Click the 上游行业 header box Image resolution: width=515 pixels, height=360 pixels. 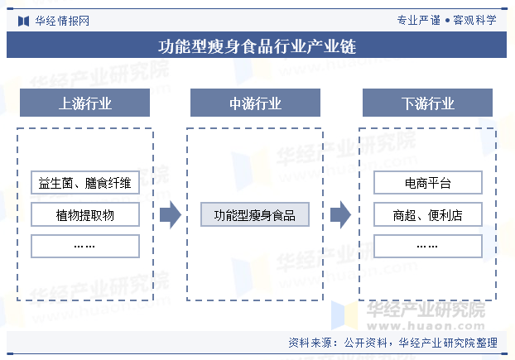coord(84,103)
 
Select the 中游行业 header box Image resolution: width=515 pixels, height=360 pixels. coord(255,103)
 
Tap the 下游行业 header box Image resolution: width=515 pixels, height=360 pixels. coord(427,103)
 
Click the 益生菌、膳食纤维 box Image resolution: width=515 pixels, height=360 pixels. coord(85,182)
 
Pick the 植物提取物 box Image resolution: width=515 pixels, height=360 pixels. coord(85,214)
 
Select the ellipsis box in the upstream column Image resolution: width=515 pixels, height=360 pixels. coord(85,246)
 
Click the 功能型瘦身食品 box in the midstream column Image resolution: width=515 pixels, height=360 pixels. coord(255,214)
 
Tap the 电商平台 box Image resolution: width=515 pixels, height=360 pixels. coord(428,182)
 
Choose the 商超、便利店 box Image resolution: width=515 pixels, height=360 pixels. coord(428,214)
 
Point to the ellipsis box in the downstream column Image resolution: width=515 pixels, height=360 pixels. coord(428,246)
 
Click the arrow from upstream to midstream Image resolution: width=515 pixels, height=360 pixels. coord(171,214)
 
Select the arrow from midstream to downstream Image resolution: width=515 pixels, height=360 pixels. coord(340,214)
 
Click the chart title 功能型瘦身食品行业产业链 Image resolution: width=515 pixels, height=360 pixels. coord(257,46)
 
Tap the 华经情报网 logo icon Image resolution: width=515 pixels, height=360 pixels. coord(24,21)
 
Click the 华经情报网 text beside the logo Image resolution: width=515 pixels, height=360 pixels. coord(62,21)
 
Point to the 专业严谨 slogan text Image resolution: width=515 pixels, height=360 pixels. coord(419,21)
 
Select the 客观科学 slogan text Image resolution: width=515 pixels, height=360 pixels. coord(475,21)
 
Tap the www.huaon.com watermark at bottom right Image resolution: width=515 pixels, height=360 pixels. coord(426,326)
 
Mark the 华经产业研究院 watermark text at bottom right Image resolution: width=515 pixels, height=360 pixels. coord(426,310)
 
